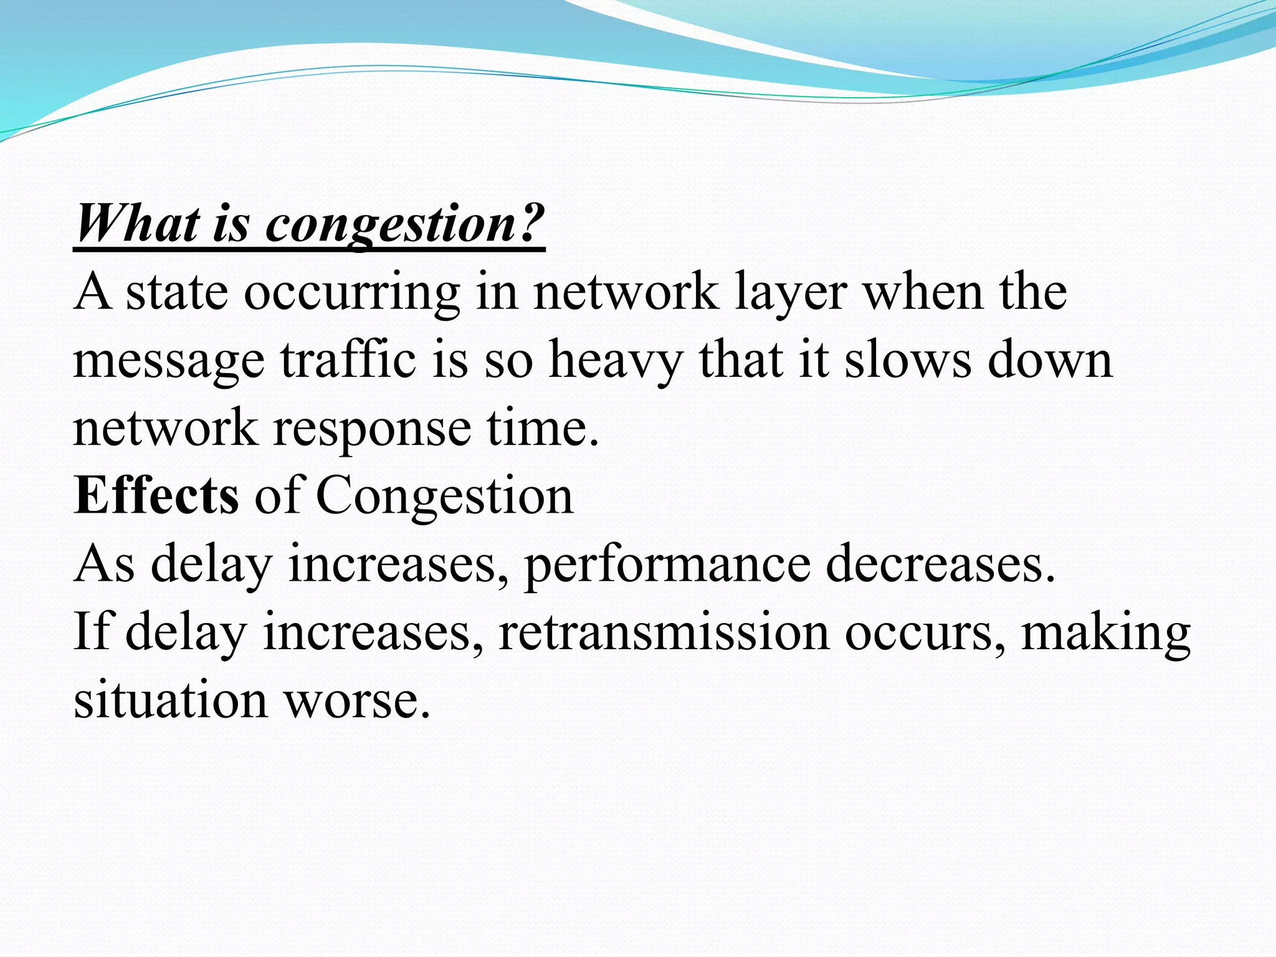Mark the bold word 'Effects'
click(156, 495)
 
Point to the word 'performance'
click(667, 564)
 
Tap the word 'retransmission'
click(664, 632)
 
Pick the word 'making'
click(1106, 633)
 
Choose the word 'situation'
click(171, 700)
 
